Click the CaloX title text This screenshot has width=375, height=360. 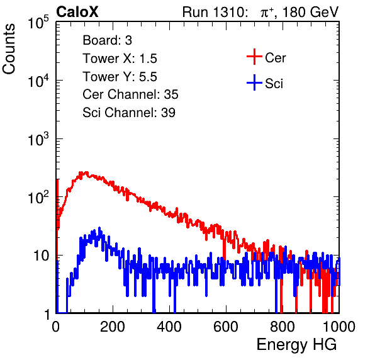click(77, 12)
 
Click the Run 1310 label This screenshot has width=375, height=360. click(215, 12)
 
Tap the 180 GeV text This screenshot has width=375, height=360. click(310, 12)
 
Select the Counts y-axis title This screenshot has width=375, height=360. click(9, 49)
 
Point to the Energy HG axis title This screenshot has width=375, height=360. click(296, 345)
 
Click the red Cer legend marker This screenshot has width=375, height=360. click(254, 57)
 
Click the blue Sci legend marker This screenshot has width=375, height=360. click(254, 83)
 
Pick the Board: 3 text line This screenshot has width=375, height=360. click(107, 40)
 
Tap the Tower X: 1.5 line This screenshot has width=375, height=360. click(120, 59)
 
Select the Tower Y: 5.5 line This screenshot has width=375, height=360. click(120, 77)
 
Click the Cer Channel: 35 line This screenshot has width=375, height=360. click(130, 94)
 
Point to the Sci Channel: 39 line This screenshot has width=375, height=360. click(129, 113)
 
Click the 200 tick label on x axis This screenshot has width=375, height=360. click(113, 327)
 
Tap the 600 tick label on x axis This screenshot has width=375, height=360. click(226, 327)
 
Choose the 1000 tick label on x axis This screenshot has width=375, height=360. click(339, 327)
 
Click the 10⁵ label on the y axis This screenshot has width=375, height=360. click(38, 22)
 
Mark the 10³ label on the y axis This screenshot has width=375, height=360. click(38, 139)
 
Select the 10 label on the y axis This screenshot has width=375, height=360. click(41, 256)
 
